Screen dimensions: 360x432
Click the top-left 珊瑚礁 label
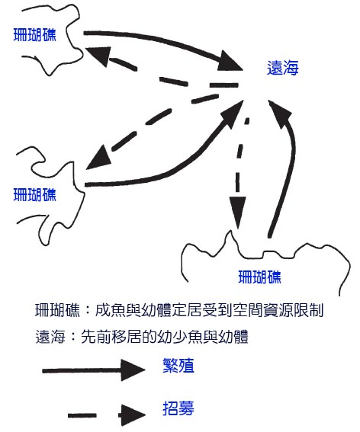pyautogui.click(x=35, y=35)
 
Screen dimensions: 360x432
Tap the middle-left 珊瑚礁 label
pyautogui.click(x=35, y=194)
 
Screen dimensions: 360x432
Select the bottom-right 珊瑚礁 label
pyautogui.click(x=259, y=277)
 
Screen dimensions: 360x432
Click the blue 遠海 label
pyautogui.click(x=283, y=68)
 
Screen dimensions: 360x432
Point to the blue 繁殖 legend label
pyautogui.click(x=178, y=366)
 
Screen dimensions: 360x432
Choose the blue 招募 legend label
pyautogui.click(x=178, y=408)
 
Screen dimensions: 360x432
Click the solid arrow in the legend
pyautogui.click(x=94, y=370)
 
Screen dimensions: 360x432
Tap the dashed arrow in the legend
pyautogui.click(x=107, y=415)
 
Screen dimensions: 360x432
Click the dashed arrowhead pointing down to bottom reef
pyautogui.click(x=237, y=212)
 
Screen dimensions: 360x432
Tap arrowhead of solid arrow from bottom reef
pyautogui.click(x=279, y=114)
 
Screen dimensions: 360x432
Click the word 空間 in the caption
pyautogui.click(x=248, y=311)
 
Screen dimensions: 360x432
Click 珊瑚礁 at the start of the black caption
pyautogui.click(x=58, y=311)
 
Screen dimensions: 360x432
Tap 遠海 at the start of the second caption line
pyautogui.click(x=50, y=337)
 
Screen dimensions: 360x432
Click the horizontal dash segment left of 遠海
pyautogui.click(x=223, y=85)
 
